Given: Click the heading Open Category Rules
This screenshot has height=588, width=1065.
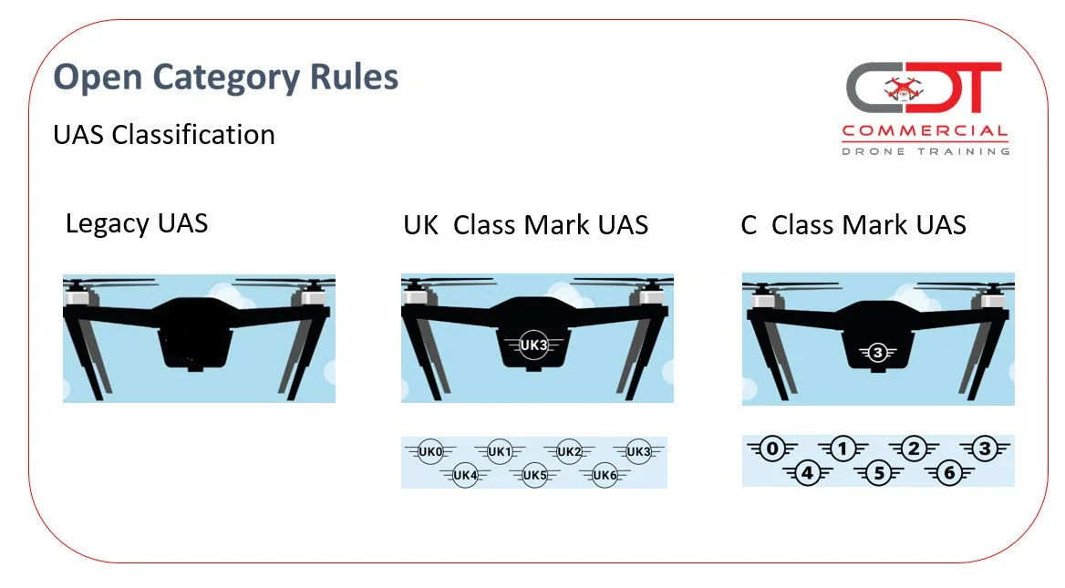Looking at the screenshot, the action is tap(226, 77).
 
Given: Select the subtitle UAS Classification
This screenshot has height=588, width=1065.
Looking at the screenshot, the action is tap(164, 135).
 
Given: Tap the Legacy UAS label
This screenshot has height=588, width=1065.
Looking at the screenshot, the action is tap(137, 223).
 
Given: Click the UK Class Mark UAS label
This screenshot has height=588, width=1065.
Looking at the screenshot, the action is tap(525, 225).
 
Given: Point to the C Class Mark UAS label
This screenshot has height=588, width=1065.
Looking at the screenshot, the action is tap(853, 225).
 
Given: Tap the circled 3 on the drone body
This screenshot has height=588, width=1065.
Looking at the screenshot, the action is tap(877, 352).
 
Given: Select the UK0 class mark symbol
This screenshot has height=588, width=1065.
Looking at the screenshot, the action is tap(430, 451).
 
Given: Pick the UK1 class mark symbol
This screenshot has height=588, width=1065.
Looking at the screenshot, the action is tap(500, 451).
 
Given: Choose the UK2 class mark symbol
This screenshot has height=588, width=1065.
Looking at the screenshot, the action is tap(569, 451).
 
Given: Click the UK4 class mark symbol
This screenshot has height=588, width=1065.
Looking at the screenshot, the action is tap(465, 475).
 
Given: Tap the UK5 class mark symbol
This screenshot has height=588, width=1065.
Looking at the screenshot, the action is tap(535, 475).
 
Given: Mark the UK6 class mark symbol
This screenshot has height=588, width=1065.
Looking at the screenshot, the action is tap(605, 475).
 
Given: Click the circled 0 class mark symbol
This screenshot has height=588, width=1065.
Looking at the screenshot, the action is tap(773, 448).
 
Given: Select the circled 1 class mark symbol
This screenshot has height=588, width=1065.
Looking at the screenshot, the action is tap(843, 448).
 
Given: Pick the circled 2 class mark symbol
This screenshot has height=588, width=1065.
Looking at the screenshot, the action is tap(914, 448).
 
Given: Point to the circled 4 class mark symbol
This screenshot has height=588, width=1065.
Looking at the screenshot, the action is tap(807, 473).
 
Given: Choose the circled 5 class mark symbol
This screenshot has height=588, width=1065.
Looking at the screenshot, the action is tap(878, 473).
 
